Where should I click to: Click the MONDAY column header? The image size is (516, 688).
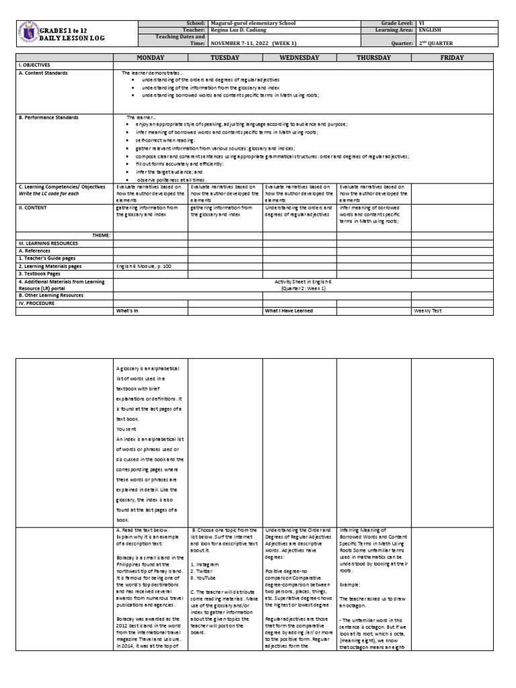click(150, 58)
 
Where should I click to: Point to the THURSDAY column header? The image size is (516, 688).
click(374, 58)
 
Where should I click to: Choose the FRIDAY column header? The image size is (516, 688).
click(452, 58)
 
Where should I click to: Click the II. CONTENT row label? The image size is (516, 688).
click(34, 208)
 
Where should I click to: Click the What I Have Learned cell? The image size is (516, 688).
click(290, 310)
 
